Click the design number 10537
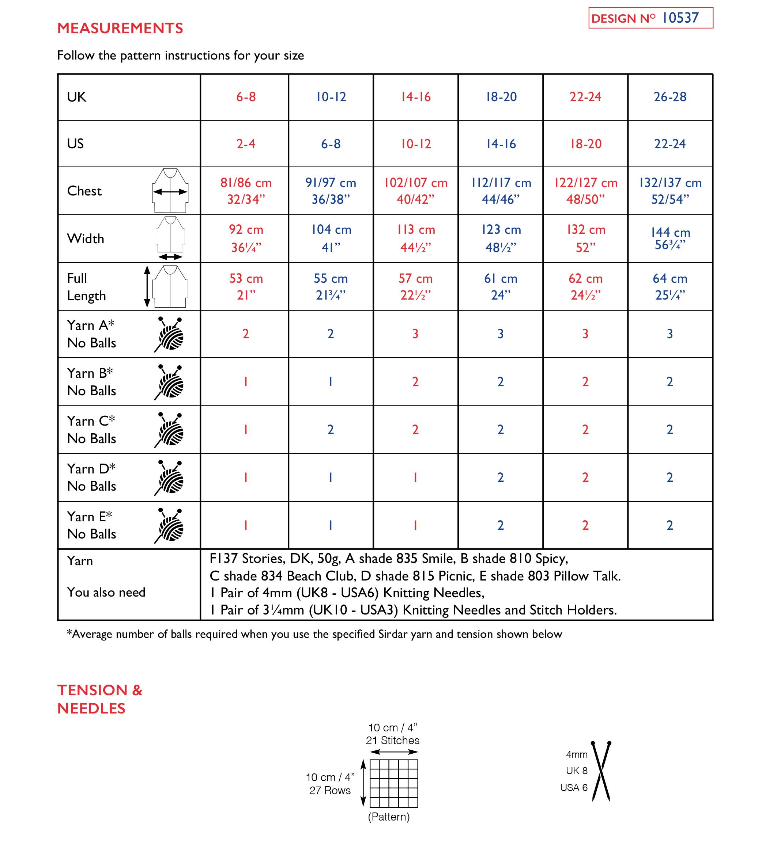(x=680, y=18)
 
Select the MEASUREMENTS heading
(x=120, y=28)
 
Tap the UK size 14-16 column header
(x=415, y=97)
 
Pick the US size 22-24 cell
(x=670, y=144)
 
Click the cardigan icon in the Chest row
(x=170, y=191)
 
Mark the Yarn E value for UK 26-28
(x=670, y=525)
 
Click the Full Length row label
(x=86, y=287)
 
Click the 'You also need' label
(x=106, y=592)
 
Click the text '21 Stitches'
(x=392, y=741)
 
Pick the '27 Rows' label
(x=330, y=790)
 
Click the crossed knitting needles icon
(x=601, y=771)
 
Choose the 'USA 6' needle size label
(x=574, y=788)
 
